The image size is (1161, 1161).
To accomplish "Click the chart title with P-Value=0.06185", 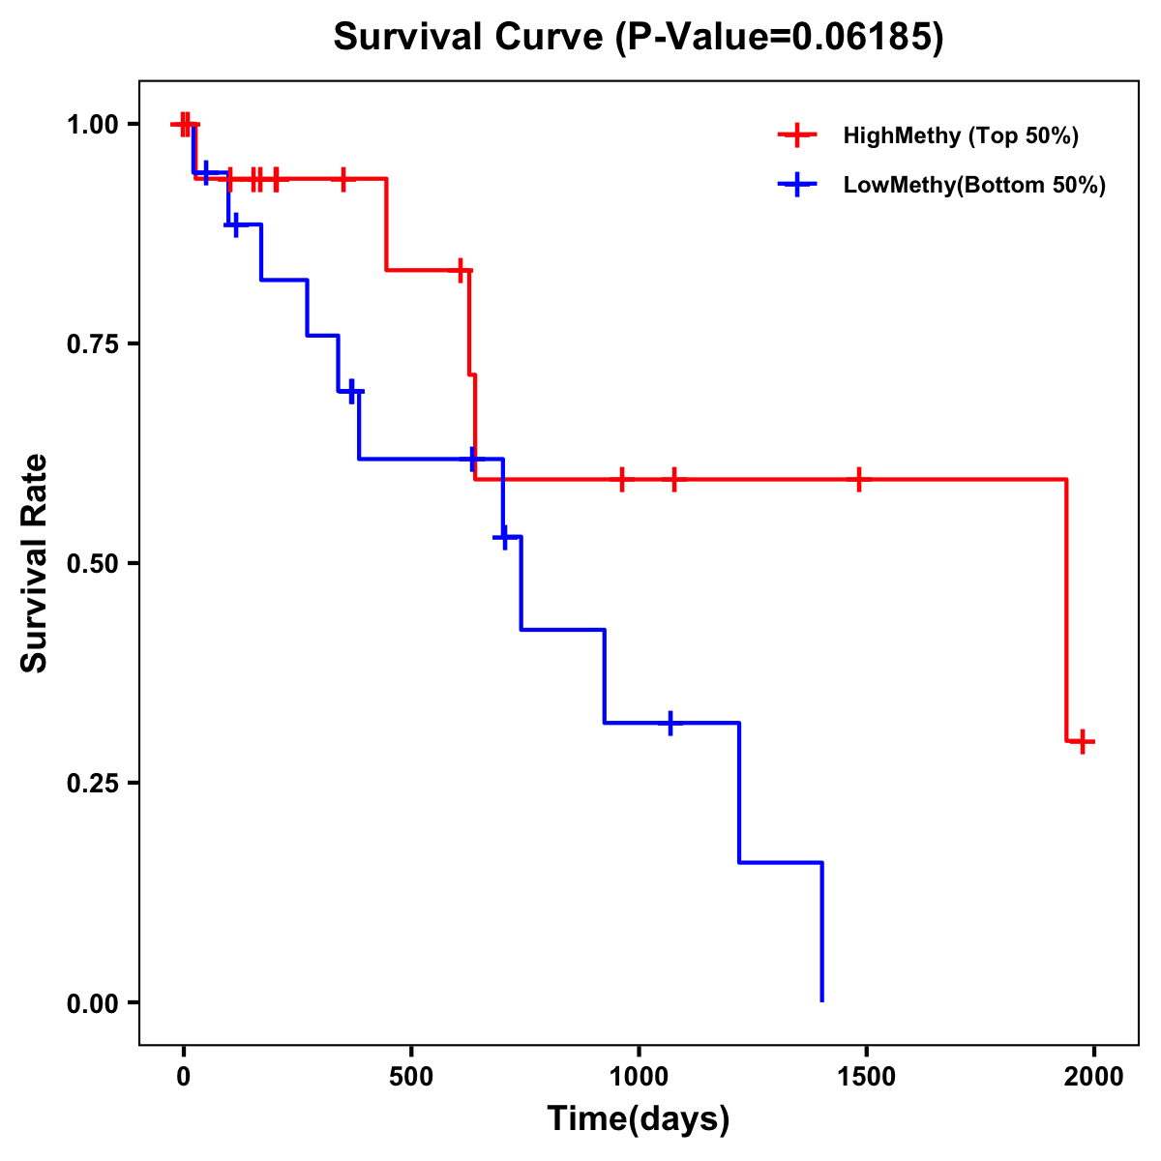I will (639, 37).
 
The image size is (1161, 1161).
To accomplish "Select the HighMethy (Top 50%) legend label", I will (961, 135).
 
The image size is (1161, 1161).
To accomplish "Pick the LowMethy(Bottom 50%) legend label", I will (974, 185).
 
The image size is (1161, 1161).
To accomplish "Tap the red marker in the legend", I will (796, 135).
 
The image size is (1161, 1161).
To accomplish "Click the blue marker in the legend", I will (796, 184).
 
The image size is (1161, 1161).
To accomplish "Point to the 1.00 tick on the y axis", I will (92, 125).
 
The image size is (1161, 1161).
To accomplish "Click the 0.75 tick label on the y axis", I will (92, 344).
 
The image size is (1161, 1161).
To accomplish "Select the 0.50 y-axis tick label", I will (92, 564).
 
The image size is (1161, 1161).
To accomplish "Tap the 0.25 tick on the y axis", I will (92, 784).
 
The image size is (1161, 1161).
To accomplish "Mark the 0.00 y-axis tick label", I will (92, 1003).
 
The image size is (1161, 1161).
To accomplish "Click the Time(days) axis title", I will (639, 1119).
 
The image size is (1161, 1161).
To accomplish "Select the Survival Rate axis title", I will (35, 563).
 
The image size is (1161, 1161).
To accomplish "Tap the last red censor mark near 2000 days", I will (1084, 742).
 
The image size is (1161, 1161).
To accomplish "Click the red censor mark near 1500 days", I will (858, 479).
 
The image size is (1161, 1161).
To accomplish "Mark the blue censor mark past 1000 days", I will (670, 723).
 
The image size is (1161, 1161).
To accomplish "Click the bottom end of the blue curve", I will (822, 1000).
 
